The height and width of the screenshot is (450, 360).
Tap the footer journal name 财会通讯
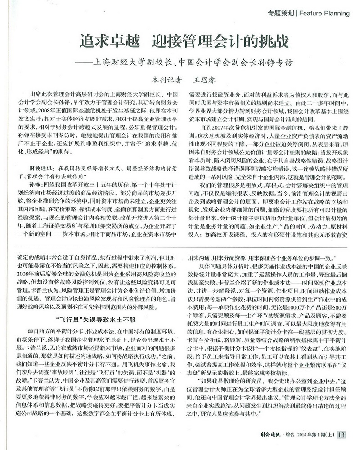pos(271,435)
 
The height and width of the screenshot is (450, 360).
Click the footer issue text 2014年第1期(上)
pos(317,435)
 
